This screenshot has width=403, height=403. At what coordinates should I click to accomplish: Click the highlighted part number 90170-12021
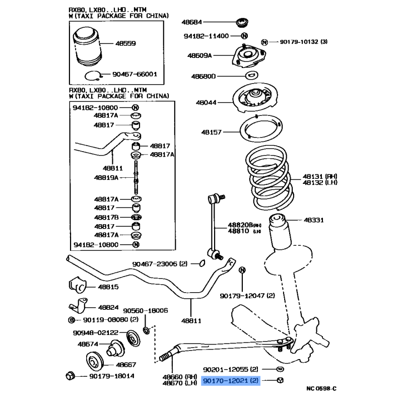click(x=230, y=381)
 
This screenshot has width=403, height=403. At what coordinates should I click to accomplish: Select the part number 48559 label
click(x=125, y=44)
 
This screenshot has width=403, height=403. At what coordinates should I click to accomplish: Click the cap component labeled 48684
click(x=243, y=23)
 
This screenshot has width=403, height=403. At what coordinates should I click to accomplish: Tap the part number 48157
click(x=212, y=132)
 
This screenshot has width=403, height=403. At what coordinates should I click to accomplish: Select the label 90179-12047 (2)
click(x=247, y=296)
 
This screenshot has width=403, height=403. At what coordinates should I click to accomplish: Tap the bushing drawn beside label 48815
click(x=77, y=285)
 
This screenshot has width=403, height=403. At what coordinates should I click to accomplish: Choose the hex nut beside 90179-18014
click(x=70, y=375)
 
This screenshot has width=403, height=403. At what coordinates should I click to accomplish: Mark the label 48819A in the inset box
click(x=106, y=177)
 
